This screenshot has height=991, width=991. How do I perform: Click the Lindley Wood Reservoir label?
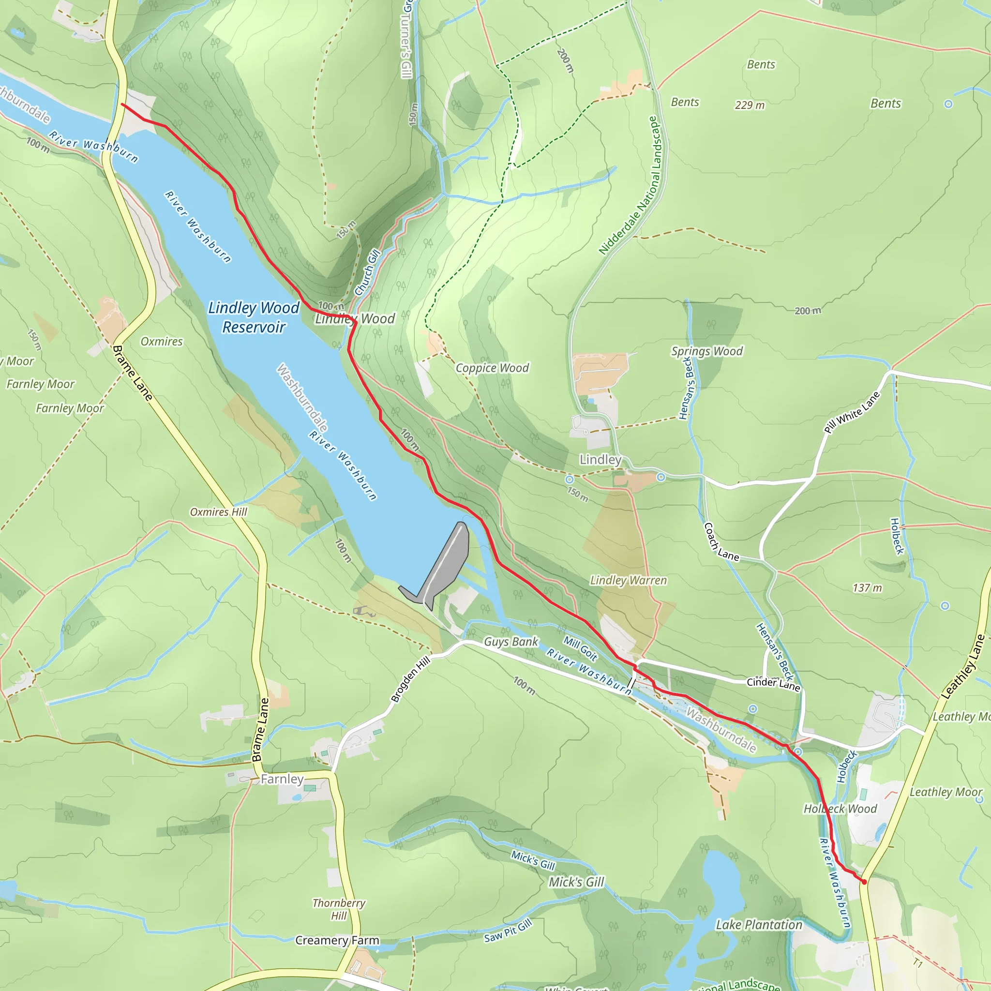coord(254,317)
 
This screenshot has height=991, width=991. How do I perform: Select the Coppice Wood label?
coord(492,368)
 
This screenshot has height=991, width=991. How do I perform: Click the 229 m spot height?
coord(750,105)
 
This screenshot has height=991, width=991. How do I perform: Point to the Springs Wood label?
coord(707,351)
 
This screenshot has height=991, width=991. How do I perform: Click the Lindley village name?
coord(600,460)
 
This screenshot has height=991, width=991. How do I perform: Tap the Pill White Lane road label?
coord(852,412)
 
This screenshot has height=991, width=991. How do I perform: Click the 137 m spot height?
coord(867,588)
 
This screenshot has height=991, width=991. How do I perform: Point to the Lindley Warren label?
coord(629,580)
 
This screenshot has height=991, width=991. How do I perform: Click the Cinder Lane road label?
coord(773,684)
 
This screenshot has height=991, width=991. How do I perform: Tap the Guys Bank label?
coord(511,642)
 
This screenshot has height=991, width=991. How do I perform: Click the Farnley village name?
coord(282,779)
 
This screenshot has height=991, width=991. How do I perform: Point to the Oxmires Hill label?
coord(219,512)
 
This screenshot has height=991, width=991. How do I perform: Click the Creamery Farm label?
coord(337,940)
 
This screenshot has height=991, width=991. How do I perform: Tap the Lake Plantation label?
coord(759,925)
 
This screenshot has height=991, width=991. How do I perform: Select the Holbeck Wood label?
coord(840,809)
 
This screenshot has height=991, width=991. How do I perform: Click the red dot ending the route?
coord(864,882)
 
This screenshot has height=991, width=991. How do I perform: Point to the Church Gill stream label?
coord(367,272)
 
